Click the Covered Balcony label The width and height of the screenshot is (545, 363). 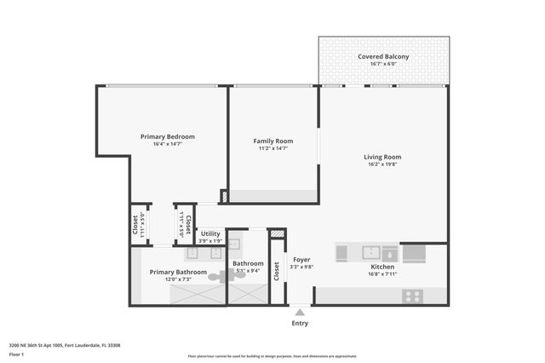tap(383, 57)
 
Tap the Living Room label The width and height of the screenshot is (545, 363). tap(382, 157)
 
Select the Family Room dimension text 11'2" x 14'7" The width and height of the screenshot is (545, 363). tap(272, 148)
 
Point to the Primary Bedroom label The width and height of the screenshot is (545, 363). tap(168, 136)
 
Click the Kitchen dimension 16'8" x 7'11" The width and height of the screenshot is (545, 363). tap(381, 274)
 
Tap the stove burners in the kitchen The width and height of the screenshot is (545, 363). tap(413, 297)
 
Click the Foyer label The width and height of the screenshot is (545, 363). tap(301, 259)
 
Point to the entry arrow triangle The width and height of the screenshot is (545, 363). tap(300, 314)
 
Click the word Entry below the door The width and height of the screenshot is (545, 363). tap(300, 323)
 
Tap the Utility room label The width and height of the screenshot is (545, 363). tap(210, 233)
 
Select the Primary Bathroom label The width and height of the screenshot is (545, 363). tap(178, 272)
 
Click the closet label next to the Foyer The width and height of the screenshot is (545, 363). tap(277, 270)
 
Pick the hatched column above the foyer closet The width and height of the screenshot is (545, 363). tap(277, 234)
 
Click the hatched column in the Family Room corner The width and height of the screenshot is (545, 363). tap(224, 196)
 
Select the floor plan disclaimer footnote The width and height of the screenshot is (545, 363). tap(272, 356)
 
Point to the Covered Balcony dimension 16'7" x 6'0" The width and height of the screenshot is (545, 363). tap(383, 65)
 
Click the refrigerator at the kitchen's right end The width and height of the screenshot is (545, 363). tap(414, 253)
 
